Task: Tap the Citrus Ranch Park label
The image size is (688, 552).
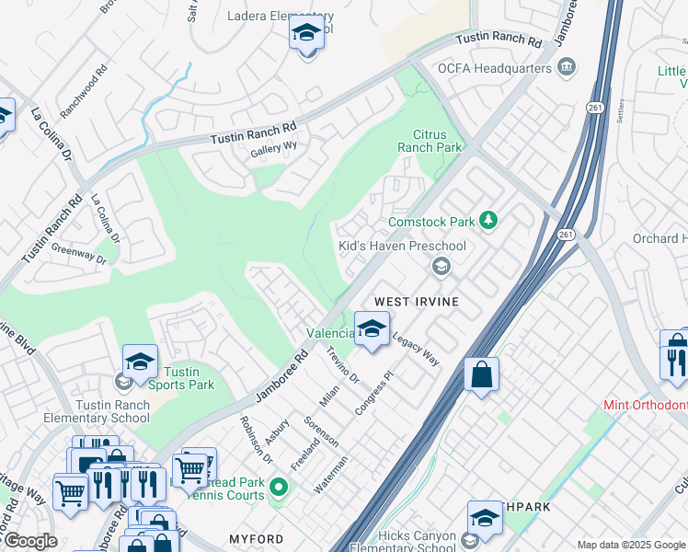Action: point(430,140)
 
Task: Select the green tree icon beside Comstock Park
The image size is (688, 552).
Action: point(489,221)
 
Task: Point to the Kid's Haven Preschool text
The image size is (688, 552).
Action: point(402,246)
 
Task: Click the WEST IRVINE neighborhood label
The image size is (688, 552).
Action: point(415,302)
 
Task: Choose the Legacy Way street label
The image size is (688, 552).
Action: point(416,350)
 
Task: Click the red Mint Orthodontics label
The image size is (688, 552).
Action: point(645,405)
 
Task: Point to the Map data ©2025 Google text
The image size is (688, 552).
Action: point(630,545)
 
